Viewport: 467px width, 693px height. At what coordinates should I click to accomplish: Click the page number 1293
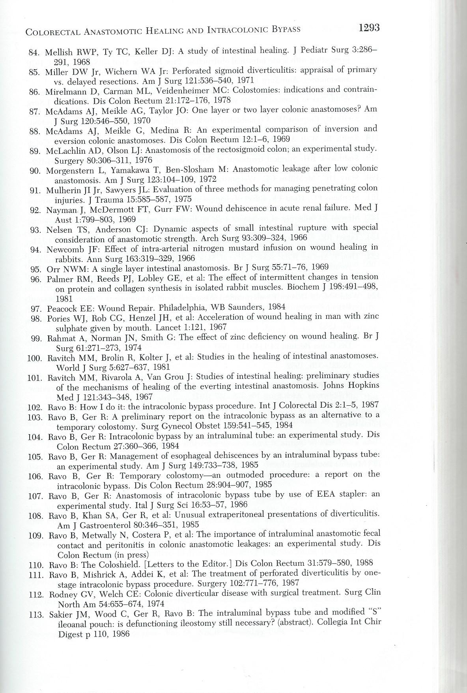368,28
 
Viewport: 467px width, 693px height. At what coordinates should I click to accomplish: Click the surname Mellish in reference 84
58,52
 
